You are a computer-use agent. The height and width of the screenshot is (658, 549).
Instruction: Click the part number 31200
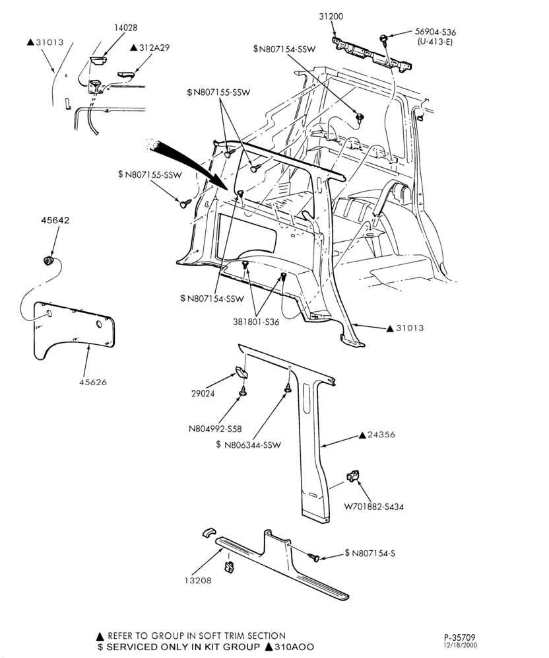click(331, 17)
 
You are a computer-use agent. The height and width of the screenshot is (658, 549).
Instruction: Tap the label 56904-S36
click(436, 32)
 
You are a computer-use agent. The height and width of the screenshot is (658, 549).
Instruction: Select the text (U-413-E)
click(435, 42)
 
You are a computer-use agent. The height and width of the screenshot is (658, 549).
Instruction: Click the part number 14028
click(125, 28)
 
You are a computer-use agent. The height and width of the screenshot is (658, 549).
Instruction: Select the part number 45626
click(93, 383)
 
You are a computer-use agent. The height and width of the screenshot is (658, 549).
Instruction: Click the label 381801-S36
click(256, 322)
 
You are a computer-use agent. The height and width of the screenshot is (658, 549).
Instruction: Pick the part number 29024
click(203, 394)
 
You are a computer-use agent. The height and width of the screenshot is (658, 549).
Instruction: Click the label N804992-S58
click(215, 429)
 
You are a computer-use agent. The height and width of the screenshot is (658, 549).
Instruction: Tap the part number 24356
click(381, 435)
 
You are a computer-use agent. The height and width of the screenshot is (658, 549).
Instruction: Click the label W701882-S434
click(374, 507)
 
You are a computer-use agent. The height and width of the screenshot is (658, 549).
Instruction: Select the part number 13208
click(198, 581)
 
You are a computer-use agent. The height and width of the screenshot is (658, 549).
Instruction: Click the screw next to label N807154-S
click(314, 557)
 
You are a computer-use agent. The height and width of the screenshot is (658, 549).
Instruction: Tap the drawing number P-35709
click(460, 638)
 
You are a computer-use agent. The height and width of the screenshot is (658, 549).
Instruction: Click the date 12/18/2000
click(460, 645)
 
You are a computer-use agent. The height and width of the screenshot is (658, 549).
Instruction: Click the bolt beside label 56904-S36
click(383, 38)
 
